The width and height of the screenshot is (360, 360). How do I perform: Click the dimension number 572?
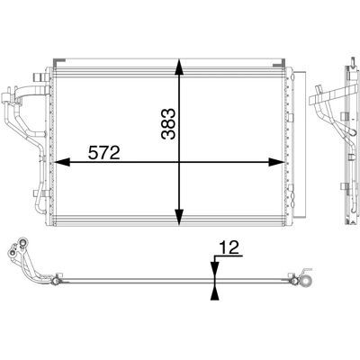coord(104,153)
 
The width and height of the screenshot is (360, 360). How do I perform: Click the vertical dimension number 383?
coord(167,124)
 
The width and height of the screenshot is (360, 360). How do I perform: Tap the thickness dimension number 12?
coord(229,247)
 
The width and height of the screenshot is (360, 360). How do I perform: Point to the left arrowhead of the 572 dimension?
coord(61,162)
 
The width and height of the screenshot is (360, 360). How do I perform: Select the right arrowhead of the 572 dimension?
coord(276,162)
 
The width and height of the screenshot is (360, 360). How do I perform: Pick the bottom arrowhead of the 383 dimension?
coord(179,217)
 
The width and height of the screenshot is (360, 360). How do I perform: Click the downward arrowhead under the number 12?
coord(215,269)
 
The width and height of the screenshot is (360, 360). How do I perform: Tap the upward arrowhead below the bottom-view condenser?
coord(214,292)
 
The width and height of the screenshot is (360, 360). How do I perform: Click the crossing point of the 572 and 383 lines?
coord(179,162)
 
